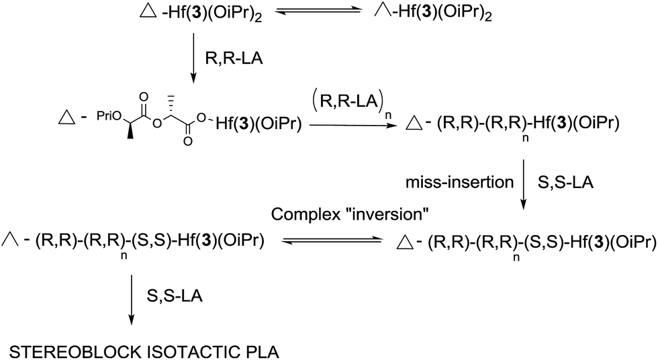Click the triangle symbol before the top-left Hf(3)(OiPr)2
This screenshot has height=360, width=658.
[x=148, y=13]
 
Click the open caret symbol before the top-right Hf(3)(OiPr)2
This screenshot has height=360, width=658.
[x=381, y=13]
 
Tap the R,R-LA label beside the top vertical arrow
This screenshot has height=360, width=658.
[x=234, y=58]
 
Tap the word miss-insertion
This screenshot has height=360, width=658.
[x=459, y=183]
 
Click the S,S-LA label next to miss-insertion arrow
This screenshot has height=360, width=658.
[x=565, y=183]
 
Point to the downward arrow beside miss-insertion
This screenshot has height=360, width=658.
[x=523, y=184]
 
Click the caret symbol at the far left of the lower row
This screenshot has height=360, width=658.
[x=9, y=240]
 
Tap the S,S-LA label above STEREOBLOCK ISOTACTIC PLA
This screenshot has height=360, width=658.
[x=175, y=296]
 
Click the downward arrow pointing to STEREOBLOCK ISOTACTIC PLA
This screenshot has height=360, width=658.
[x=132, y=300]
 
